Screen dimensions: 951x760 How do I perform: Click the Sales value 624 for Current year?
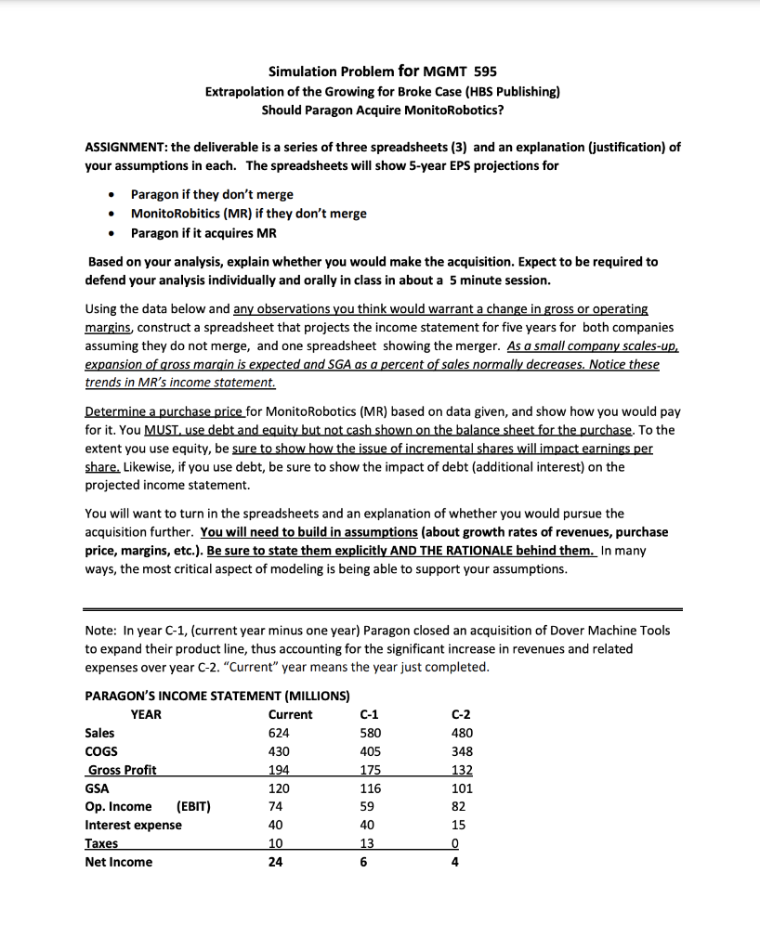tap(279, 733)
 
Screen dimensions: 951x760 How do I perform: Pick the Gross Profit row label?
tap(122, 770)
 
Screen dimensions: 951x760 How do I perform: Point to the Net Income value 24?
tap(275, 862)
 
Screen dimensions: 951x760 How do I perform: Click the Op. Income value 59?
tap(369, 806)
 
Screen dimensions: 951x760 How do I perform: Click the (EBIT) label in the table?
tap(193, 806)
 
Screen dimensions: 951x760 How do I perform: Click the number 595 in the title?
tap(486, 72)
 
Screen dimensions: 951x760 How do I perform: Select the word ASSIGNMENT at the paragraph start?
tap(125, 147)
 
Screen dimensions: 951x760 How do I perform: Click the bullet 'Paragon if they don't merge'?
tap(212, 194)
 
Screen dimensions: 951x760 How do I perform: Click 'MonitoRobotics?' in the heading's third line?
tap(452, 109)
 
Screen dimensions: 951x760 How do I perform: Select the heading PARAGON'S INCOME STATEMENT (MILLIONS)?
tap(216, 695)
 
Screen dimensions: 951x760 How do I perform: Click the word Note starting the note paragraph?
tap(100, 630)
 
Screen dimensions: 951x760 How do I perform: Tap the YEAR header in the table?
tap(145, 714)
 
